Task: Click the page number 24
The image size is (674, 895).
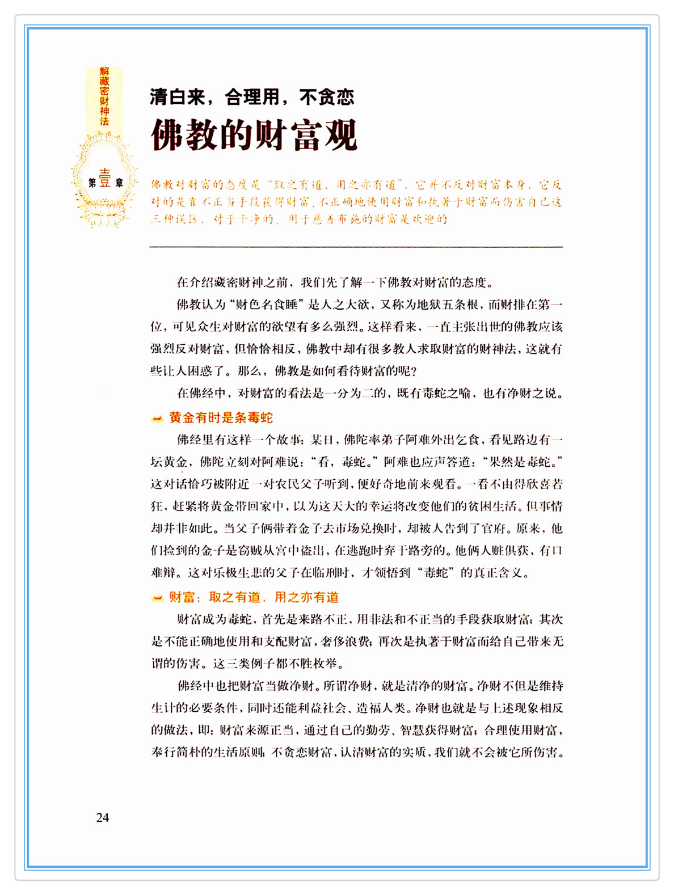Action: [x=103, y=817]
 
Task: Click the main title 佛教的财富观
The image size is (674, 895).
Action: [x=254, y=135]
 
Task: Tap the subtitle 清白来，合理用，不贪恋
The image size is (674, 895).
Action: [x=252, y=98]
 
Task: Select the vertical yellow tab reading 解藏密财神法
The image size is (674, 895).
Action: [x=104, y=96]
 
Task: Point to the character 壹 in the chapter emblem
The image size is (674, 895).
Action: [x=105, y=179]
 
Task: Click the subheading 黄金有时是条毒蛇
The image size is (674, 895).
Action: [x=221, y=418]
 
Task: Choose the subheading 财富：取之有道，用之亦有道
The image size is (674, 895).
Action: [x=254, y=597]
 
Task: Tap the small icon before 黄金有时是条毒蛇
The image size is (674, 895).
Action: [x=157, y=419]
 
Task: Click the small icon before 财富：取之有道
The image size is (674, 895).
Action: [x=157, y=598]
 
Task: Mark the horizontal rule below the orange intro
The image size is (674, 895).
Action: [x=356, y=247]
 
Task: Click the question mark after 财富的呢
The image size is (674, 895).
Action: [x=412, y=371]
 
